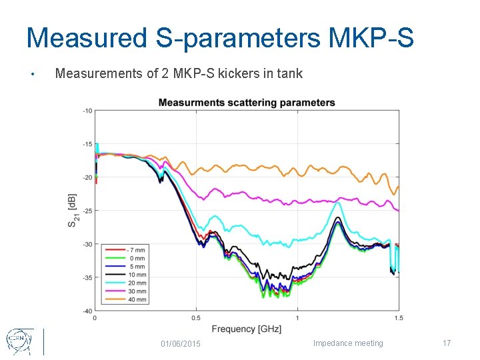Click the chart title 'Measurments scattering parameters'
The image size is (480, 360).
(247, 103)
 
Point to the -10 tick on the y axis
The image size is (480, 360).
(87, 111)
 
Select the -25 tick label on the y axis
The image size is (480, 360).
(87, 211)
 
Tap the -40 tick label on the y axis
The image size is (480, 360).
(87, 311)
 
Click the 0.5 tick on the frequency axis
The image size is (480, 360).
(196, 317)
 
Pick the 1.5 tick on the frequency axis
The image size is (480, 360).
(398, 317)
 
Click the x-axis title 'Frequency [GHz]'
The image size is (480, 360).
(247, 329)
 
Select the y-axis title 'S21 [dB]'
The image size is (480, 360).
(72, 211)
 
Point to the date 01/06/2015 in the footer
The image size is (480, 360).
(180, 343)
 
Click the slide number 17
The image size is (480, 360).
(447, 343)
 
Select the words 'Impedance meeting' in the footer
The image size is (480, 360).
(348, 343)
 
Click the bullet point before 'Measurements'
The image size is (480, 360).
(32, 74)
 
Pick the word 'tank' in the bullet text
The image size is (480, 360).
(290, 73)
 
